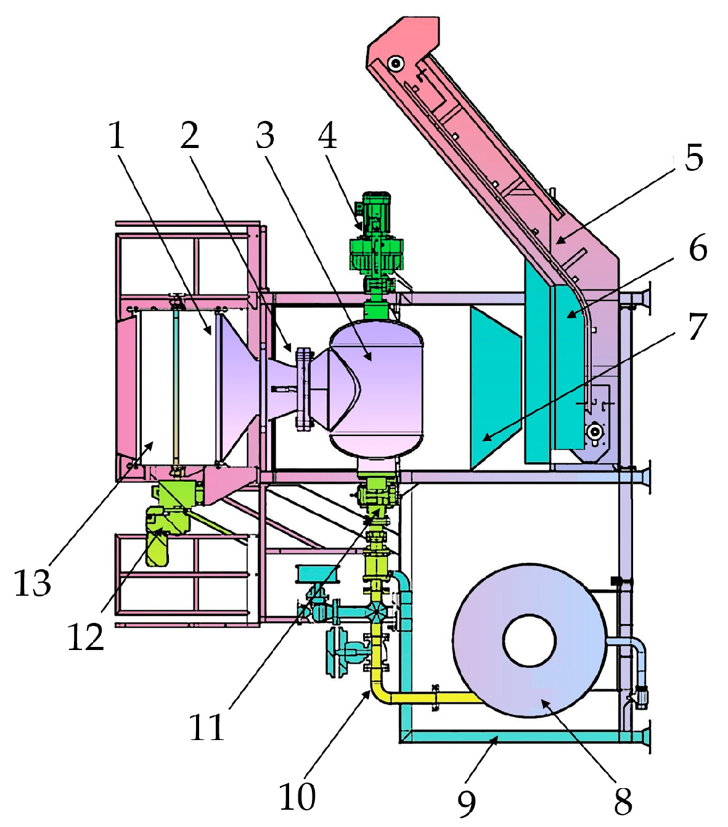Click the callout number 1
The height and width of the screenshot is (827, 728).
(117, 136)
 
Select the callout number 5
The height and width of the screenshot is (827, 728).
(694, 157)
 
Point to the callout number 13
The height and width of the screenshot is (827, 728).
(33, 583)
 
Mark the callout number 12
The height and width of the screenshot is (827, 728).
(86, 637)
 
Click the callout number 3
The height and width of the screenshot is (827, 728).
(265, 136)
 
